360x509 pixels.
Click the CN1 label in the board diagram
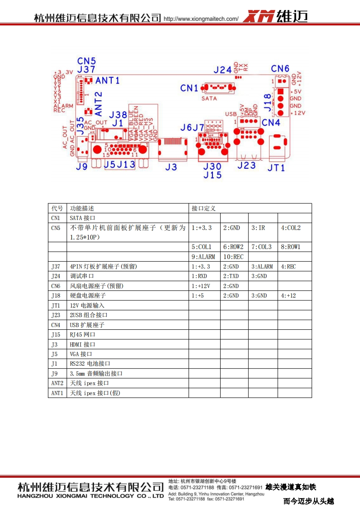click(189, 88)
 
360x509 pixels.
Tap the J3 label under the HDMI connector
click(171, 167)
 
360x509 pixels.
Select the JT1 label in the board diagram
click(276, 168)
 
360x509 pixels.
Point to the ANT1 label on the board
click(108, 80)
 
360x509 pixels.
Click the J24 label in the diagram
click(223, 69)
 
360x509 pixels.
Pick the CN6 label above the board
click(280, 69)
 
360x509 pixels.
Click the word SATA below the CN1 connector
click(209, 98)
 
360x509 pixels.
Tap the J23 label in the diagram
click(247, 166)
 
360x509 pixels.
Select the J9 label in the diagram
click(82, 167)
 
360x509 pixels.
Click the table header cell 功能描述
click(82, 208)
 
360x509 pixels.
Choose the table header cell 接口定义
click(203, 208)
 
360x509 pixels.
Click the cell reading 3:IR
click(258, 228)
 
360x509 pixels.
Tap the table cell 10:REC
click(233, 257)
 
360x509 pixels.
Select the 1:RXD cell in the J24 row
click(199, 276)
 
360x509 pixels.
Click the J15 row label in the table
click(55, 334)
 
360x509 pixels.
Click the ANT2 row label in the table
click(57, 383)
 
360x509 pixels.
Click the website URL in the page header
click(201, 19)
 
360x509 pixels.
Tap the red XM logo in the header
click(259, 17)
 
